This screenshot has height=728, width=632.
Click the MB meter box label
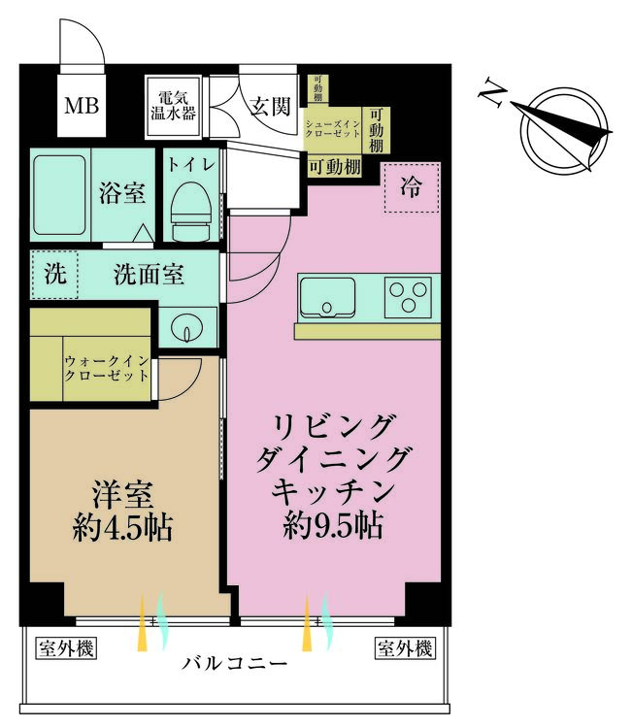pyautogui.click(x=82, y=106)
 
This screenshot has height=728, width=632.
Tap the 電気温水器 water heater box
pyautogui.click(x=173, y=107)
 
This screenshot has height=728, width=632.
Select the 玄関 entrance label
pyautogui.click(x=270, y=107)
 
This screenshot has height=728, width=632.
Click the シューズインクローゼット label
pyautogui.click(x=332, y=128)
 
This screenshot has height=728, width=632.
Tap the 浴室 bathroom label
pyautogui.click(x=122, y=192)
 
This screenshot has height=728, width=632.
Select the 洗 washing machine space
pyautogui.click(x=54, y=275)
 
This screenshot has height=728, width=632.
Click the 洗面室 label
pyautogui.click(x=150, y=275)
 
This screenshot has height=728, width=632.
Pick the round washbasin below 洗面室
pyautogui.click(x=187, y=327)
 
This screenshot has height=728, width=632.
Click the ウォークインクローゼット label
pyautogui.click(x=107, y=368)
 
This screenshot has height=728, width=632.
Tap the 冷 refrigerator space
pyautogui.click(x=411, y=187)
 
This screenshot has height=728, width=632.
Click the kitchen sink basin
pyautogui.click(x=327, y=298)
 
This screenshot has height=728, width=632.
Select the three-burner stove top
pyautogui.click(x=408, y=297)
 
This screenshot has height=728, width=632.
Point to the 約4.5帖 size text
pyautogui.click(x=122, y=527)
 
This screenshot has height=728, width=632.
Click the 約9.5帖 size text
pyautogui.click(x=333, y=525)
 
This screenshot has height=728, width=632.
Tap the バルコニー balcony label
pyautogui.click(x=235, y=663)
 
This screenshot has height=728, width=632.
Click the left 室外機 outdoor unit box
pyautogui.click(x=66, y=648)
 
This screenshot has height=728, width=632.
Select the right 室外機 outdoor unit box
pyautogui.click(x=405, y=648)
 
